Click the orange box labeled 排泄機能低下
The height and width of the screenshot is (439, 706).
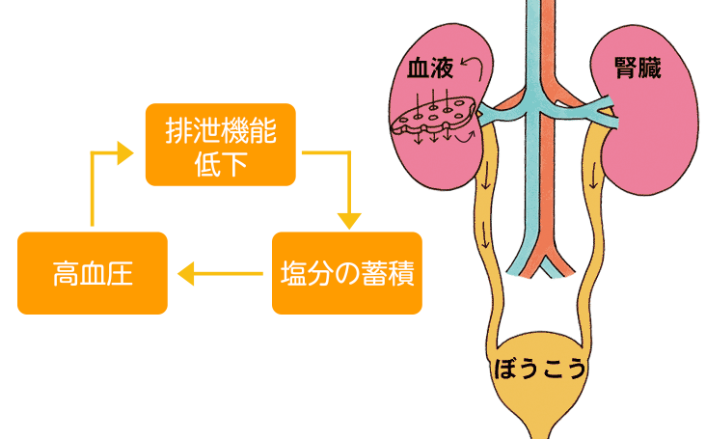tap(220, 145)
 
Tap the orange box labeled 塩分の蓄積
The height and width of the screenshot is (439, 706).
tap(347, 274)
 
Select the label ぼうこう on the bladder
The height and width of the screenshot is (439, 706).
tap(540, 370)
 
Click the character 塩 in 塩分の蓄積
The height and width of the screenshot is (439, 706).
tap(293, 275)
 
